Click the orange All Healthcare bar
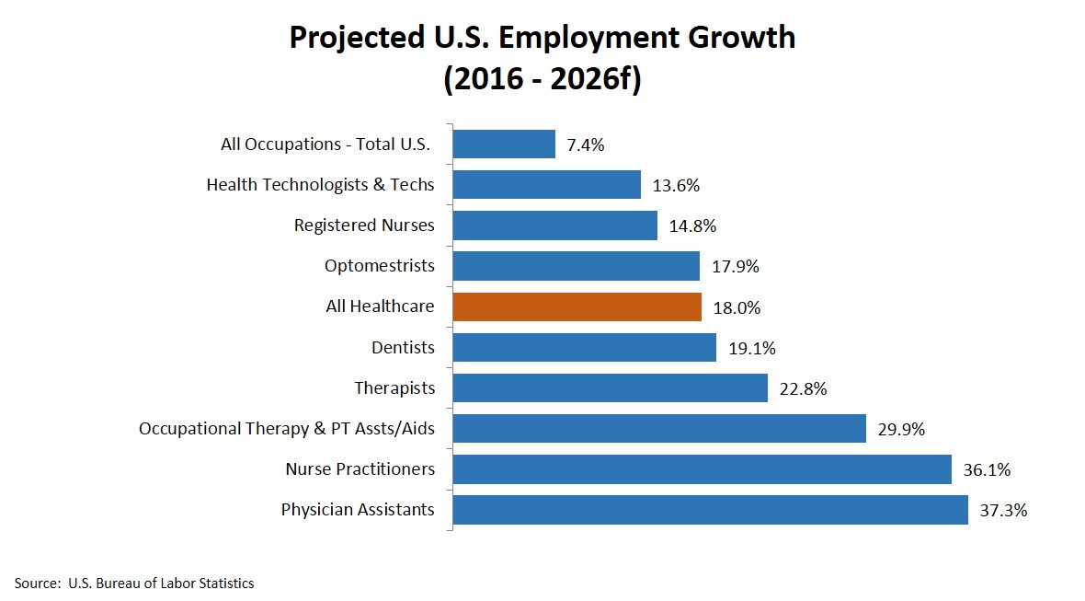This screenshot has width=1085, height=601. tap(577, 306)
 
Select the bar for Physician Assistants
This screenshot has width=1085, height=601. tap(710, 509)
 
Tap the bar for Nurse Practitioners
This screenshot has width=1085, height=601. tap(702, 468)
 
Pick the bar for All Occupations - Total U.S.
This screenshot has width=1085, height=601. tap(504, 144)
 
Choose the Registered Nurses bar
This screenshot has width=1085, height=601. tap(554, 225)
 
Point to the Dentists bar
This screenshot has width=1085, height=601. tap(584, 347)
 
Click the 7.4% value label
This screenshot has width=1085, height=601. tap(586, 144)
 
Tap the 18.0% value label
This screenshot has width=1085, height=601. tap(737, 307)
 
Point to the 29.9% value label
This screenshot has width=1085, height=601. tap(901, 429)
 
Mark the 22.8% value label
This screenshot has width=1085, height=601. tap(803, 388)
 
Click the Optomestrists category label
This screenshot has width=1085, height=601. tap(379, 266)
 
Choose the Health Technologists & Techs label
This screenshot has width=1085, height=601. tap(320, 185)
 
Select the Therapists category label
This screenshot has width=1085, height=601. tap(394, 387)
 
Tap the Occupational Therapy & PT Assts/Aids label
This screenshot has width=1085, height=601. tap(287, 428)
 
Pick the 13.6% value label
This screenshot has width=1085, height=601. tap(676, 185)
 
